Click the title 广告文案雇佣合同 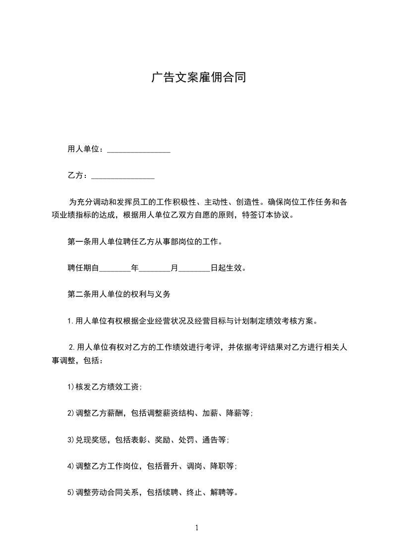click(198, 78)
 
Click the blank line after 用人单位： click(139, 150)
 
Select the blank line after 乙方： click(123, 176)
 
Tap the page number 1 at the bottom click(197, 528)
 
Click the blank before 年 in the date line click(115, 269)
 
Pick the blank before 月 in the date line click(155, 269)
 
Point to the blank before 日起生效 click(194, 269)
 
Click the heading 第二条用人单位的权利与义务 click(119, 294)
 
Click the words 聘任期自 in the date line click(83, 269)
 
